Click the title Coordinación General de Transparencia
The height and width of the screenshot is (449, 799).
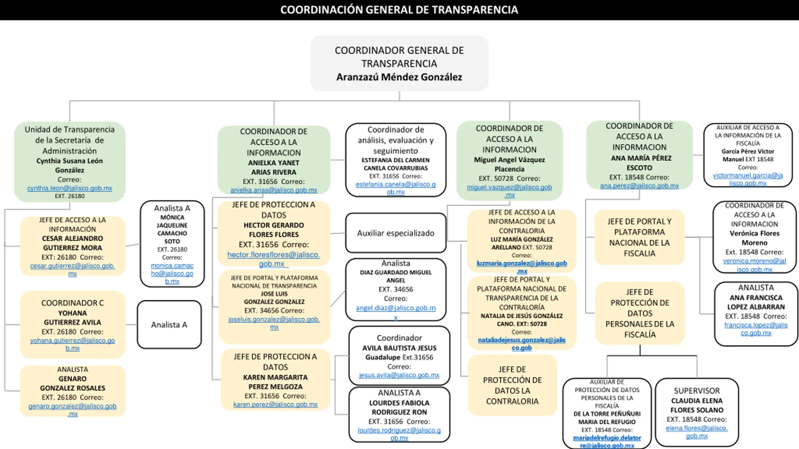399,10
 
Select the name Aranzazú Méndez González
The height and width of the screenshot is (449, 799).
399,77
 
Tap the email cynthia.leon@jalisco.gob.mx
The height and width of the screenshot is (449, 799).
70,188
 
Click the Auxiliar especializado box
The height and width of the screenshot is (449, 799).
396,233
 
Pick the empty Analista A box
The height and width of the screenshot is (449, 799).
169,325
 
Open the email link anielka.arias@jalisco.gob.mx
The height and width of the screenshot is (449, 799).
274,190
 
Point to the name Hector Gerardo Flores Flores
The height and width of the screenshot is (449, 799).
274,230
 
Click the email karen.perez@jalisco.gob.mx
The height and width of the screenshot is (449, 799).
275,404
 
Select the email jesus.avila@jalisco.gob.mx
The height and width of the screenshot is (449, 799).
399,375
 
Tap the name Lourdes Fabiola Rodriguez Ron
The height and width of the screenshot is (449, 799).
399,408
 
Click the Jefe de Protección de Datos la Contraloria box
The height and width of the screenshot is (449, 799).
512,385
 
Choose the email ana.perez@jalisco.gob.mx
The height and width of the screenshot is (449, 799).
639,186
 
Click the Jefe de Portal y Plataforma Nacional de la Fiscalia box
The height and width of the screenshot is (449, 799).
640,237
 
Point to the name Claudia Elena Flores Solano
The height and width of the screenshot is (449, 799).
697,405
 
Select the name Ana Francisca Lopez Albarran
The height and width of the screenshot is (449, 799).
756,302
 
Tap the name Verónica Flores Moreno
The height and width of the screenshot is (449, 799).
754,238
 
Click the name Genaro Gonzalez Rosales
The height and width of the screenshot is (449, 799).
72,384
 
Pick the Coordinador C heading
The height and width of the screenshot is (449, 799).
72,303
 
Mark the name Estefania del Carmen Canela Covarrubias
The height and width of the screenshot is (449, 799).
395,164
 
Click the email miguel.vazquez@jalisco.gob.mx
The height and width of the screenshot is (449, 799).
509,191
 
